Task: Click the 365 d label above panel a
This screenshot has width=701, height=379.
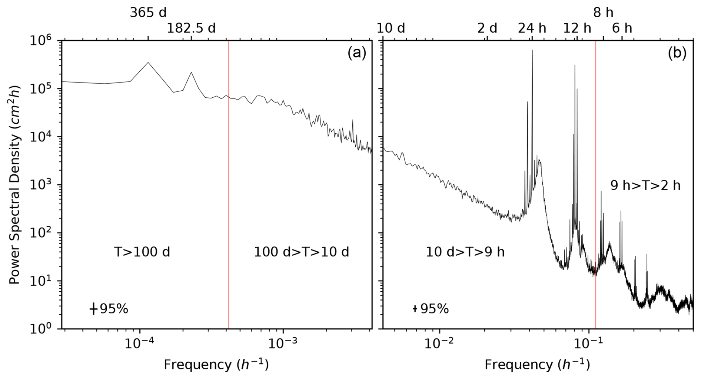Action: (148, 13)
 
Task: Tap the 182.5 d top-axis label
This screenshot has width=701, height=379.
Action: (191, 28)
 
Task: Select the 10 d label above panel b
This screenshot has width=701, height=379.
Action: (391, 28)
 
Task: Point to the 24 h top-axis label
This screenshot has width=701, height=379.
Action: (532, 28)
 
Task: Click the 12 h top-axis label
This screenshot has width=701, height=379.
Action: (577, 28)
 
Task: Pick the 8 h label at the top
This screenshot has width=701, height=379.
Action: (603, 13)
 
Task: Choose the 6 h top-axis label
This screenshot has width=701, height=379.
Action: (622, 28)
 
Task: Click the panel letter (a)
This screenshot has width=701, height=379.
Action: (356, 53)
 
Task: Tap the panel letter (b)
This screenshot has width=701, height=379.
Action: (677, 53)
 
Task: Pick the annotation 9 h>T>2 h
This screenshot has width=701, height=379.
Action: (645, 185)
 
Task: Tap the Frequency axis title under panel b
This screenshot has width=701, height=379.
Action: (537, 365)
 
